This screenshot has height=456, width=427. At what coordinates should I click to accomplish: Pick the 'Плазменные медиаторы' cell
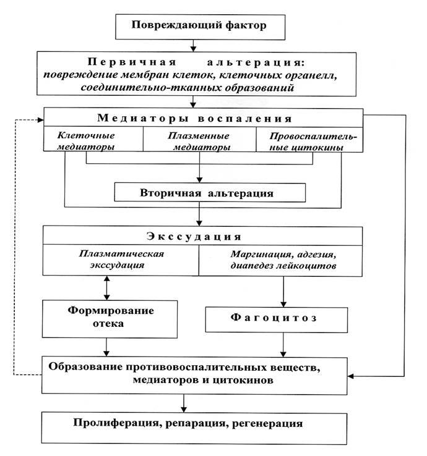(x=199, y=140)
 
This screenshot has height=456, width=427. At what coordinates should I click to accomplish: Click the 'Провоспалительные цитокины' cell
(x=308, y=140)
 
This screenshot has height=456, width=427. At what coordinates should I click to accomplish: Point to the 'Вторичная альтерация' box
(x=210, y=193)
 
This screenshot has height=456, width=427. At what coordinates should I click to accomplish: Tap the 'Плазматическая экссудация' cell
(x=121, y=260)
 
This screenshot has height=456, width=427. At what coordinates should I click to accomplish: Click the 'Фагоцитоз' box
(x=283, y=319)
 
